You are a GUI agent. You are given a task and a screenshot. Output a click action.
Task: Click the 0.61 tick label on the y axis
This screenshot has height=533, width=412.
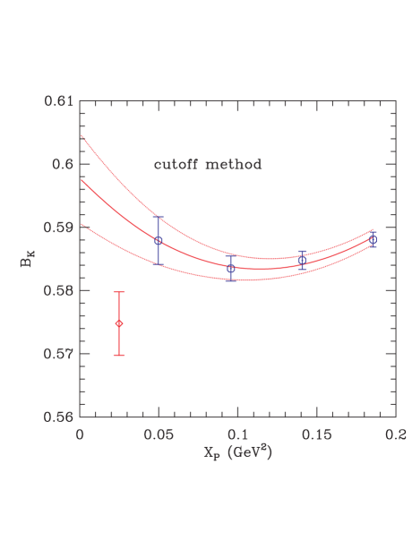tap(60, 101)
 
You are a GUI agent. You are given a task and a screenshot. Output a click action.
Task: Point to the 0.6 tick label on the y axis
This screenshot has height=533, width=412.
tap(64, 165)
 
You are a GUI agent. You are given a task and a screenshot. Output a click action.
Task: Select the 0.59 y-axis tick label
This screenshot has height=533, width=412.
tap(60, 228)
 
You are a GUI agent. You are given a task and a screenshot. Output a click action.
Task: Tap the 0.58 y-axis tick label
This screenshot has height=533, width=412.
tap(60, 291)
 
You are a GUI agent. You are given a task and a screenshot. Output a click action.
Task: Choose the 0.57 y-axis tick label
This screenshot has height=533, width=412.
tap(60, 354)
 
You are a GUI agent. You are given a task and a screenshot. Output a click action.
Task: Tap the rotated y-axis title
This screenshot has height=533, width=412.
tap(27, 260)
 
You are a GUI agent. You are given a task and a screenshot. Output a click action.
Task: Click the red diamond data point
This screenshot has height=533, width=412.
tap(119, 323)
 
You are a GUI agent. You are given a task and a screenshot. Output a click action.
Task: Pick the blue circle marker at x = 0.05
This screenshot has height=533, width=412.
tap(159, 241)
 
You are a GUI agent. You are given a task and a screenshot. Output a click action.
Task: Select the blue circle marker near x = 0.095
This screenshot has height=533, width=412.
tap(231, 269)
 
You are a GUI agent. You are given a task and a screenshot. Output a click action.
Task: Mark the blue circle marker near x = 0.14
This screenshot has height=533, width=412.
tap(302, 260)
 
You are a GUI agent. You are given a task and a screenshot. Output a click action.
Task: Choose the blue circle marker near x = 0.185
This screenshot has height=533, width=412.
tap(373, 240)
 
